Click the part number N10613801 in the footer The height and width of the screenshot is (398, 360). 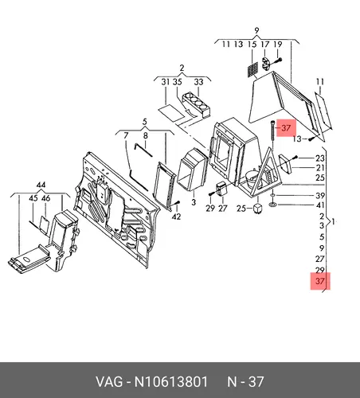[171, 382]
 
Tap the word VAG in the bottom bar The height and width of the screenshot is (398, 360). [109, 382]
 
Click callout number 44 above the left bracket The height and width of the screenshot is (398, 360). [41, 185]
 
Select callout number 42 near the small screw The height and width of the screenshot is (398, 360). [176, 217]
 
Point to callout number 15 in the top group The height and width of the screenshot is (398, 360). [252, 45]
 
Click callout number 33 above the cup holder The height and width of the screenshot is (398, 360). [198, 82]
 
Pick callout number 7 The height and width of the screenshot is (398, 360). [126, 135]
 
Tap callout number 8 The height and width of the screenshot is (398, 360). [145, 136]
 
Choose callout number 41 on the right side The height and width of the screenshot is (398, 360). [320, 205]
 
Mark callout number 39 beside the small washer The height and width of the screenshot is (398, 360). [320, 196]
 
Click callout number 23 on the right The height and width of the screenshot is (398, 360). [320, 158]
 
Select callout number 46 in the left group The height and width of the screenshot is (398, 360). [45, 198]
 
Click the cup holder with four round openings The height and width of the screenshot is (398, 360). [197, 105]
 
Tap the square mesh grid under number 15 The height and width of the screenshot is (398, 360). [252, 69]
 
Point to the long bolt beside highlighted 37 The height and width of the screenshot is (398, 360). [273, 132]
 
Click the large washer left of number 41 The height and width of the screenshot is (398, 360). [272, 205]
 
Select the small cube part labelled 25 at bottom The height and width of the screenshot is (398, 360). [257, 209]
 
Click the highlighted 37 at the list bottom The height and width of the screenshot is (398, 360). [320, 281]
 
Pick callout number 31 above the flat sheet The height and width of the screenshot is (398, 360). [166, 82]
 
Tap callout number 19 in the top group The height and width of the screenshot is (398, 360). [278, 45]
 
